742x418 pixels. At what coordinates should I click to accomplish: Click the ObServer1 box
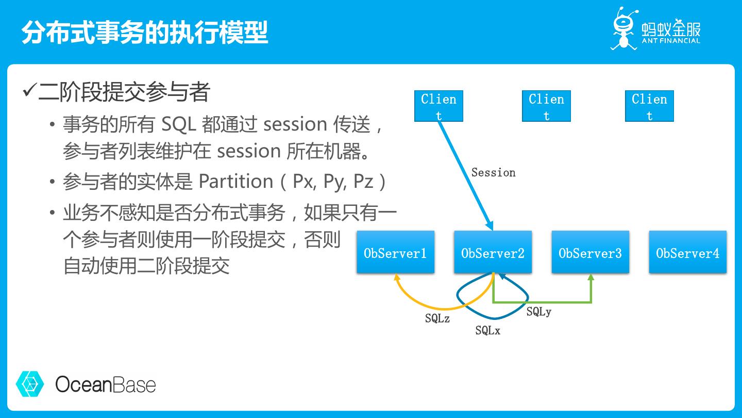pos(395,252)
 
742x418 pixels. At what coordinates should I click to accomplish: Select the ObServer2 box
pos(493,252)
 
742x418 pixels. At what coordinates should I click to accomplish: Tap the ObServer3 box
pos(590,252)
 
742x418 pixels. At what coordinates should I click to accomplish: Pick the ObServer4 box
pos(687,252)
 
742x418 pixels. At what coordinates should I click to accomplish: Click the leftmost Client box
pos(439,106)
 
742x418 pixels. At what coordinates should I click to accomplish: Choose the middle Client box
pos(546,106)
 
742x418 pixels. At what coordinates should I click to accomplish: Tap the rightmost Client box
pos(649,106)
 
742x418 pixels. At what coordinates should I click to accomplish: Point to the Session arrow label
pos(493,173)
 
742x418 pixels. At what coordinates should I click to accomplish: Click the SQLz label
pos(437,319)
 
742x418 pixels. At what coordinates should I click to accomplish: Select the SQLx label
pos(487,331)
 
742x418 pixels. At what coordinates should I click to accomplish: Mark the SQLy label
pos(538,312)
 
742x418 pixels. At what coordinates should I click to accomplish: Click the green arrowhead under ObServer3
pos(591,278)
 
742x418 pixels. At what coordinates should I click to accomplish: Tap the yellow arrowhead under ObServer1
pos(397,278)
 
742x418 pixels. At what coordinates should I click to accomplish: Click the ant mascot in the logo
pos(623,28)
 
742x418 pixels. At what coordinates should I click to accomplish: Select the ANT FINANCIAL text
pos(671,41)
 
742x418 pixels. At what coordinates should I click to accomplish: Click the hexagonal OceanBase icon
pos(30,384)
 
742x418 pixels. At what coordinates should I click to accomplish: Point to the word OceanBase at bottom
pos(105,384)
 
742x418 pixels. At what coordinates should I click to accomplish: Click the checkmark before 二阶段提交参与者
pos(29,92)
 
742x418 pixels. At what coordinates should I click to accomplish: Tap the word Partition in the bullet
pos(236,181)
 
